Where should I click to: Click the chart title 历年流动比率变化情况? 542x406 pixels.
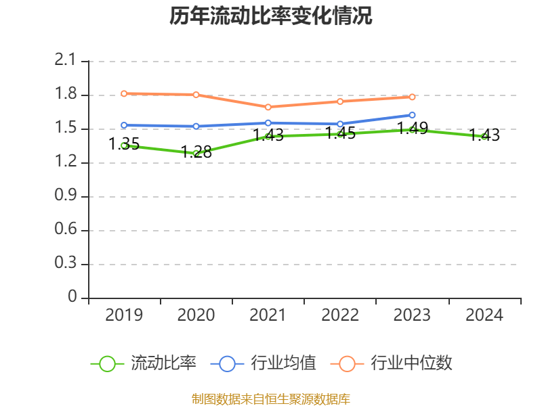(x=271, y=16)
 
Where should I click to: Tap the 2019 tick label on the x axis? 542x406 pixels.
(x=124, y=315)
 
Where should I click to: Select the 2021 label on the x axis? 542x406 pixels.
(x=268, y=315)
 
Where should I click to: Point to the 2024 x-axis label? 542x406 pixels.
(x=484, y=315)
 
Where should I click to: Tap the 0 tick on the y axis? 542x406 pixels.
(x=73, y=298)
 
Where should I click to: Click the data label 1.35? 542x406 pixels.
(x=124, y=143)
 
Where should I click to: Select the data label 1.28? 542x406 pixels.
(x=196, y=152)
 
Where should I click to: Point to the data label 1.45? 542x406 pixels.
(x=340, y=133)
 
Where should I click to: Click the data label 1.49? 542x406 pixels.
(x=412, y=129)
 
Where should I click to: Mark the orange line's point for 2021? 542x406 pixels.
(x=268, y=107)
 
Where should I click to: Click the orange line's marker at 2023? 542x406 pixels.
(x=412, y=97)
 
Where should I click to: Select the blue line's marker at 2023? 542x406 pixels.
(x=412, y=115)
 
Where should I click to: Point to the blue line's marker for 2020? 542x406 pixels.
(x=196, y=126)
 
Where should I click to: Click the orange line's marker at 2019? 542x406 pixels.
(x=124, y=93)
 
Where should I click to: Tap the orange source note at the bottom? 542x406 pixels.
(x=271, y=399)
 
